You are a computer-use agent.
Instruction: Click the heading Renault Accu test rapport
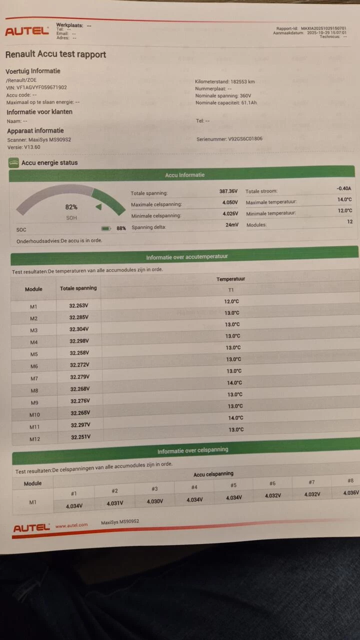[55, 54]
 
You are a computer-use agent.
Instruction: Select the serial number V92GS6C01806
[245, 139]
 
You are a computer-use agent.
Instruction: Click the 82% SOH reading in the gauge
[71, 207]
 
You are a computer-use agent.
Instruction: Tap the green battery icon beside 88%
[106, 228]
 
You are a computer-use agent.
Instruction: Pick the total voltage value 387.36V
[228, 191]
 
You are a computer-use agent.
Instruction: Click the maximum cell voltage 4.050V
[230, 203]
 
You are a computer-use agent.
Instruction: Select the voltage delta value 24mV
[231, 225]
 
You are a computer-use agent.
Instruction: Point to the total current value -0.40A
[344, 188]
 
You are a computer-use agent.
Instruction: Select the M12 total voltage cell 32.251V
[80, 436]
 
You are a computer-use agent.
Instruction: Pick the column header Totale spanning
[78, 288]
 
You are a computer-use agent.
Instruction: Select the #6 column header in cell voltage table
[272, 483]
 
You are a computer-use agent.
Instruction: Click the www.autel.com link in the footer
[71, 525]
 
